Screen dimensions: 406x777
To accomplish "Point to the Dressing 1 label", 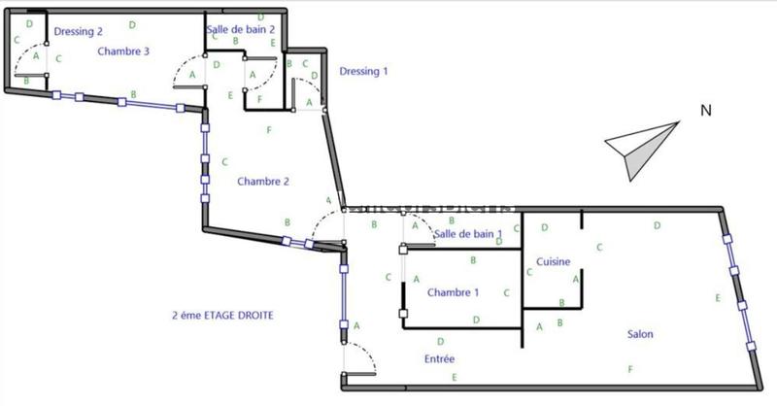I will pyautogui.click(x=363, y=71).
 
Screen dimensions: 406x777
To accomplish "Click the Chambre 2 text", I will pyautogui.click(x=263, y=181).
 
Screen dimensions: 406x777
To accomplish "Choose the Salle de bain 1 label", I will pyautogui.click(x=468, y=234).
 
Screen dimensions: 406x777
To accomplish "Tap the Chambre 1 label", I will pyautogui.click(x=453, y=292).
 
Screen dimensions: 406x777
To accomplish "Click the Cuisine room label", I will pyautogui.click(x=553, y=261).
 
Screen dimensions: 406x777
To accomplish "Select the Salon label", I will pyautogui.click(x=639, y=335).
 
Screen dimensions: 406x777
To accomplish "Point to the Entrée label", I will pyautogui.click(x=439, y=359).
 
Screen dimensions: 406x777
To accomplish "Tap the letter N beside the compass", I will pyautogui.click(x=706, y=111).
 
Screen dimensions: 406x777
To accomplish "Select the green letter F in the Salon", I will pyautogui.click(x=630, y=369).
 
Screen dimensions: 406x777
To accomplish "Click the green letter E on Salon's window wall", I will pyautogui.click(x=717, y=298).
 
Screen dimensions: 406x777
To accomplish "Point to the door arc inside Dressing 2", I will pyautogui.click(x=31, y=53).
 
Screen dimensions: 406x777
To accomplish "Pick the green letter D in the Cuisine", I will pyautogui.click(x=545, y=228).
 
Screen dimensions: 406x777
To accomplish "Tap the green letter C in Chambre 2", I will pyautogui.click(x=224, y=162).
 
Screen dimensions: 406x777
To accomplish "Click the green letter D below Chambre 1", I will pyautogui.click(x=475, y=320).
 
